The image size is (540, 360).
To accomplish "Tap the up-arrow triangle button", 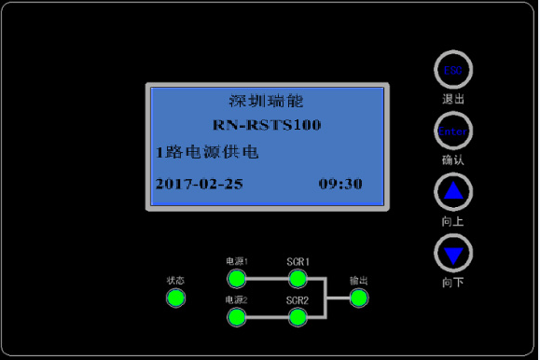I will coord(453,192).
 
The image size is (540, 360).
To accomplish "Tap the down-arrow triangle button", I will coord(453,253).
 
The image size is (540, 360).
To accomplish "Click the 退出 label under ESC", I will coord(453,98).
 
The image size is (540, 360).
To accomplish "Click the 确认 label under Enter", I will coord(453,159).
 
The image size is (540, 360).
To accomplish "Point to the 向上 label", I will coord(453,221).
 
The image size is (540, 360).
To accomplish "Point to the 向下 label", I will coord(453,282).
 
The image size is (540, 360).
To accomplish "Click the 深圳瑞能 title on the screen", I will coord(266,101).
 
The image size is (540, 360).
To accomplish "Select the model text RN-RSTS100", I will coord(266,125).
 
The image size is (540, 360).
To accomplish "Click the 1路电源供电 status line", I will coord(207,151).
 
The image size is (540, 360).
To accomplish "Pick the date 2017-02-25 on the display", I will coord(199,184).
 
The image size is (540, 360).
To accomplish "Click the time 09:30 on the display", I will coord(340,184).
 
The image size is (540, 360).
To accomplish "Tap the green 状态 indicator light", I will coord(175,298).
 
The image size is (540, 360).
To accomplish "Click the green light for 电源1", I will coord(236,279).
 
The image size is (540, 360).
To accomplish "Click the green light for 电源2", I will coord(236,317).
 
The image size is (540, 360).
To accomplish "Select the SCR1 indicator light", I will coord(298,279).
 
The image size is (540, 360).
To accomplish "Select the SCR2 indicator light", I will coord(298,317).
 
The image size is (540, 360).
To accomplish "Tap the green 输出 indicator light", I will coord(359,298).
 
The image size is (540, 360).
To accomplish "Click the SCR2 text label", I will coord(298,300).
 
